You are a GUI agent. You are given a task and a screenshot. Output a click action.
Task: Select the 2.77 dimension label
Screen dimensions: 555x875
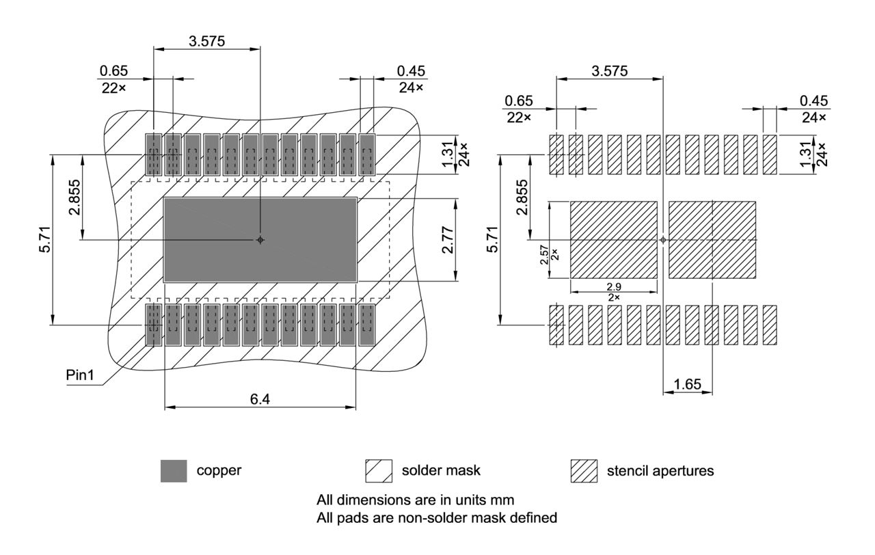[448, 240]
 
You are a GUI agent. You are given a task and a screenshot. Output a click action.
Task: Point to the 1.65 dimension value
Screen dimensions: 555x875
[687, 385]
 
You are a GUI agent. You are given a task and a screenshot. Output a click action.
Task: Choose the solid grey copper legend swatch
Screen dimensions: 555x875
[174, 471]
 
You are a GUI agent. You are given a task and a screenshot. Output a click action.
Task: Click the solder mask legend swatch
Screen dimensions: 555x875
[379, 471]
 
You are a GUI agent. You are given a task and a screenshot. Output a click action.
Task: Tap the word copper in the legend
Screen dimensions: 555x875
[219, 471]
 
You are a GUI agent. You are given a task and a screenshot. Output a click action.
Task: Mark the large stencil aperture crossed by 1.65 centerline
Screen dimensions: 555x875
[712, 240]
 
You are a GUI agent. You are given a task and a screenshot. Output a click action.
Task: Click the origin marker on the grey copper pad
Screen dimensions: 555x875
[260, 240]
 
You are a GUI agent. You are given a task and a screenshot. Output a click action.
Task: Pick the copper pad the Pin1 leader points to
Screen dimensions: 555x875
[153, 325]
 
